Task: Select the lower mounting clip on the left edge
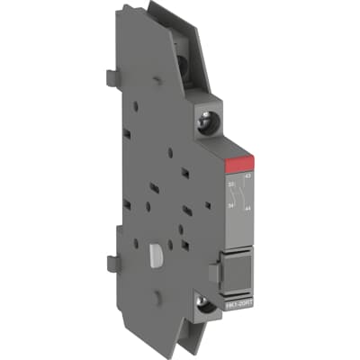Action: tap(113, 263)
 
